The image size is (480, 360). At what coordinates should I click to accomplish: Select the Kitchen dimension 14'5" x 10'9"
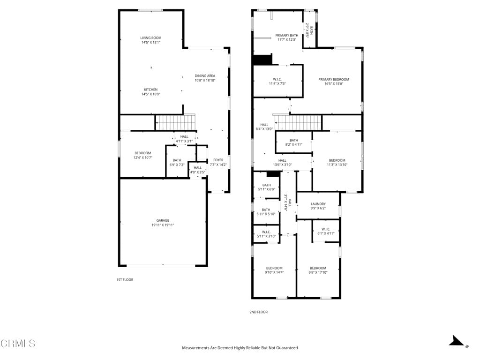(x=150, y=94)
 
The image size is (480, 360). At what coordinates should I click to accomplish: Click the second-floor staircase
(x=298, y=123)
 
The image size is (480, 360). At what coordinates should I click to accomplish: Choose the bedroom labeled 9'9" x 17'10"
(x=318, y=270)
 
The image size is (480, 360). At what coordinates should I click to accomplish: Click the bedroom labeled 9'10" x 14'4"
(x=274, y=270)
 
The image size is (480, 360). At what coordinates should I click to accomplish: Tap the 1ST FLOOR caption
(x=125, y=280)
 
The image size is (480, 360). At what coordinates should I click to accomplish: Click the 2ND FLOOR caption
(x=259, y=312)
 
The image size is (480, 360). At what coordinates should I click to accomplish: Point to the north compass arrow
(x=457, y=341)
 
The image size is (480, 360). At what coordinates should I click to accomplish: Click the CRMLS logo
(x=18, y=344)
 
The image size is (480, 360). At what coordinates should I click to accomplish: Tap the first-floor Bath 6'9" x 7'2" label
(x=177, y=162)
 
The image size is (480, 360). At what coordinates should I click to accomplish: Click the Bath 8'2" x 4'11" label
(x=294, y=142)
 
